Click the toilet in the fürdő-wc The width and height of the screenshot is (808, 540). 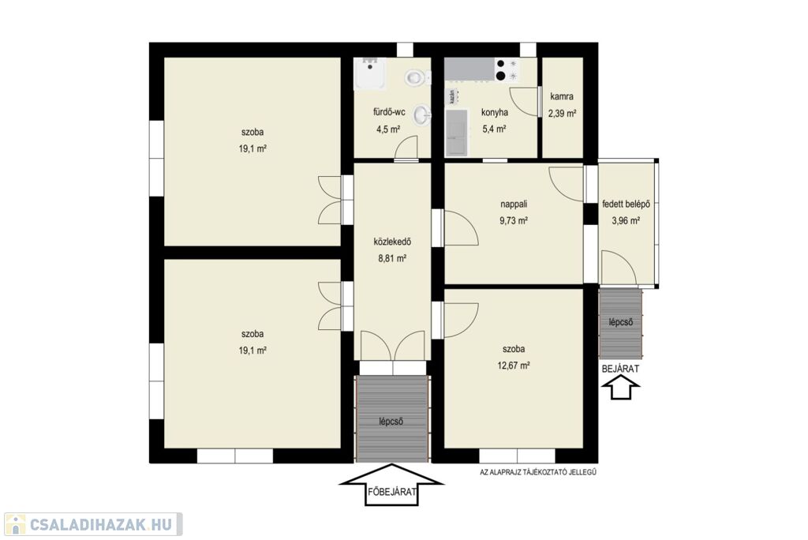click(417, 77)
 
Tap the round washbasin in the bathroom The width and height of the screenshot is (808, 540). click(422, 114)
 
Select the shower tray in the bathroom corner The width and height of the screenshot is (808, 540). click(368, 73)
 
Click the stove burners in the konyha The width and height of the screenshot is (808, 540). click(507, 69)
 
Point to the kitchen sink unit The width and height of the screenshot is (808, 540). click(457, 132)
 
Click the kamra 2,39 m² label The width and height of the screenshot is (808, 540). click(562, 105)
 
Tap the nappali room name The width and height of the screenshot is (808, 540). click(514, 204)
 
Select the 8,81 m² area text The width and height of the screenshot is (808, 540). click(392, 258)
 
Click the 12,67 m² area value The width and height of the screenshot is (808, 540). click(514, 366)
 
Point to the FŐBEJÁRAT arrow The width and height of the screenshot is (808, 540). click(391, 484)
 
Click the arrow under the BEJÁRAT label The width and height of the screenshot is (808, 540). click(621, 388)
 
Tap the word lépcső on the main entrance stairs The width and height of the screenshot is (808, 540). click(391, 422)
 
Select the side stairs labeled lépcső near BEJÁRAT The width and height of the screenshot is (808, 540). click(620, 324)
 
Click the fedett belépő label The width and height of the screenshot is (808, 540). click(626, 204)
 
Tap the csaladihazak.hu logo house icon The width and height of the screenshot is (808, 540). click(16, 524)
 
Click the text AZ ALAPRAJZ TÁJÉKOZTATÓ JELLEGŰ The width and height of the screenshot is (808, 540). click(538, 471)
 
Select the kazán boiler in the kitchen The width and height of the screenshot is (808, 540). click(452, 96)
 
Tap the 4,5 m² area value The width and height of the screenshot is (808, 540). click(388, 129)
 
